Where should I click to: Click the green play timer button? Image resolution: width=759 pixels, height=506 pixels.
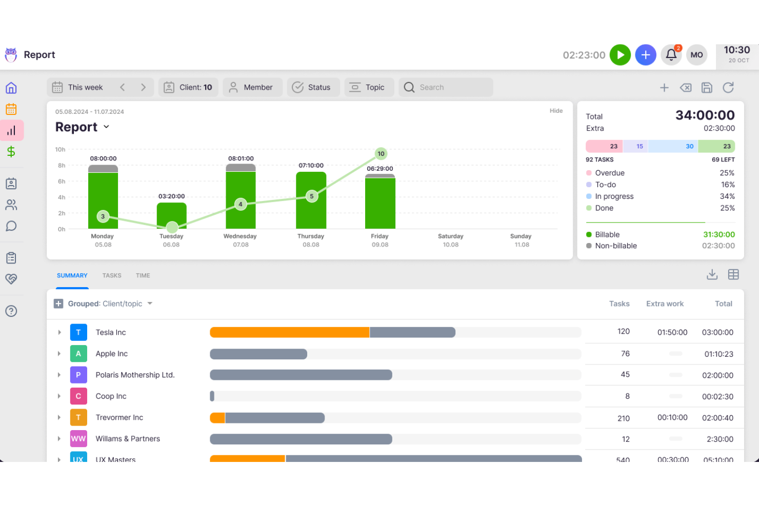click(x=620, y=55)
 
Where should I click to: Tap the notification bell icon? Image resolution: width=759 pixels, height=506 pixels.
click(x=671, y=55)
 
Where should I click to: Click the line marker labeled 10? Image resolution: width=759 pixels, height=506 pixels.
click(x=381, y=153)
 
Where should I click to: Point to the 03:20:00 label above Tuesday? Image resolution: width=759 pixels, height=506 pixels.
click(x=171, y=196)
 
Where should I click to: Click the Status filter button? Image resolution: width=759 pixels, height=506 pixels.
click(x=312, y=87)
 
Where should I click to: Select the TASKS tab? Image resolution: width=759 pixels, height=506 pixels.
click(x=112, y=275)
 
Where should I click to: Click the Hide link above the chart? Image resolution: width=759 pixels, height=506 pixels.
click(x=556, y=111)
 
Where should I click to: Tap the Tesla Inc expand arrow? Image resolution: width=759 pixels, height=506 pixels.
click(x=59, y=332)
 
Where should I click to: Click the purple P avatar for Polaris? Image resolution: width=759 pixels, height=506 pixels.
click(x=78, y=375)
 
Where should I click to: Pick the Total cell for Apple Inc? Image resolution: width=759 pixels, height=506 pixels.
click(x=718, y=354)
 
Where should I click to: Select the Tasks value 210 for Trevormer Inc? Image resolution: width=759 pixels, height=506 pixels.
click(x=624, y=418)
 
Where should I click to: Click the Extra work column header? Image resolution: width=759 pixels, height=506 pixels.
click(x=665, y=303)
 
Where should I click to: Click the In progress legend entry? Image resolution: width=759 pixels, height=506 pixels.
click(x=614, y=196)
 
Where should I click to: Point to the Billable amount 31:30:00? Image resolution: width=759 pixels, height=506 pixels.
click(x=718, y=234)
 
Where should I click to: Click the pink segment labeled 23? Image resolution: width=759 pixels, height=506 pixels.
click(x=604, y=146)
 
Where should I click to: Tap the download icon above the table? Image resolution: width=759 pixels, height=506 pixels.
click(x=712, y=275)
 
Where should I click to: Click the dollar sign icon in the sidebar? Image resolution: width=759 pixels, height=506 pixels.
click(x=11, y=151)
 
